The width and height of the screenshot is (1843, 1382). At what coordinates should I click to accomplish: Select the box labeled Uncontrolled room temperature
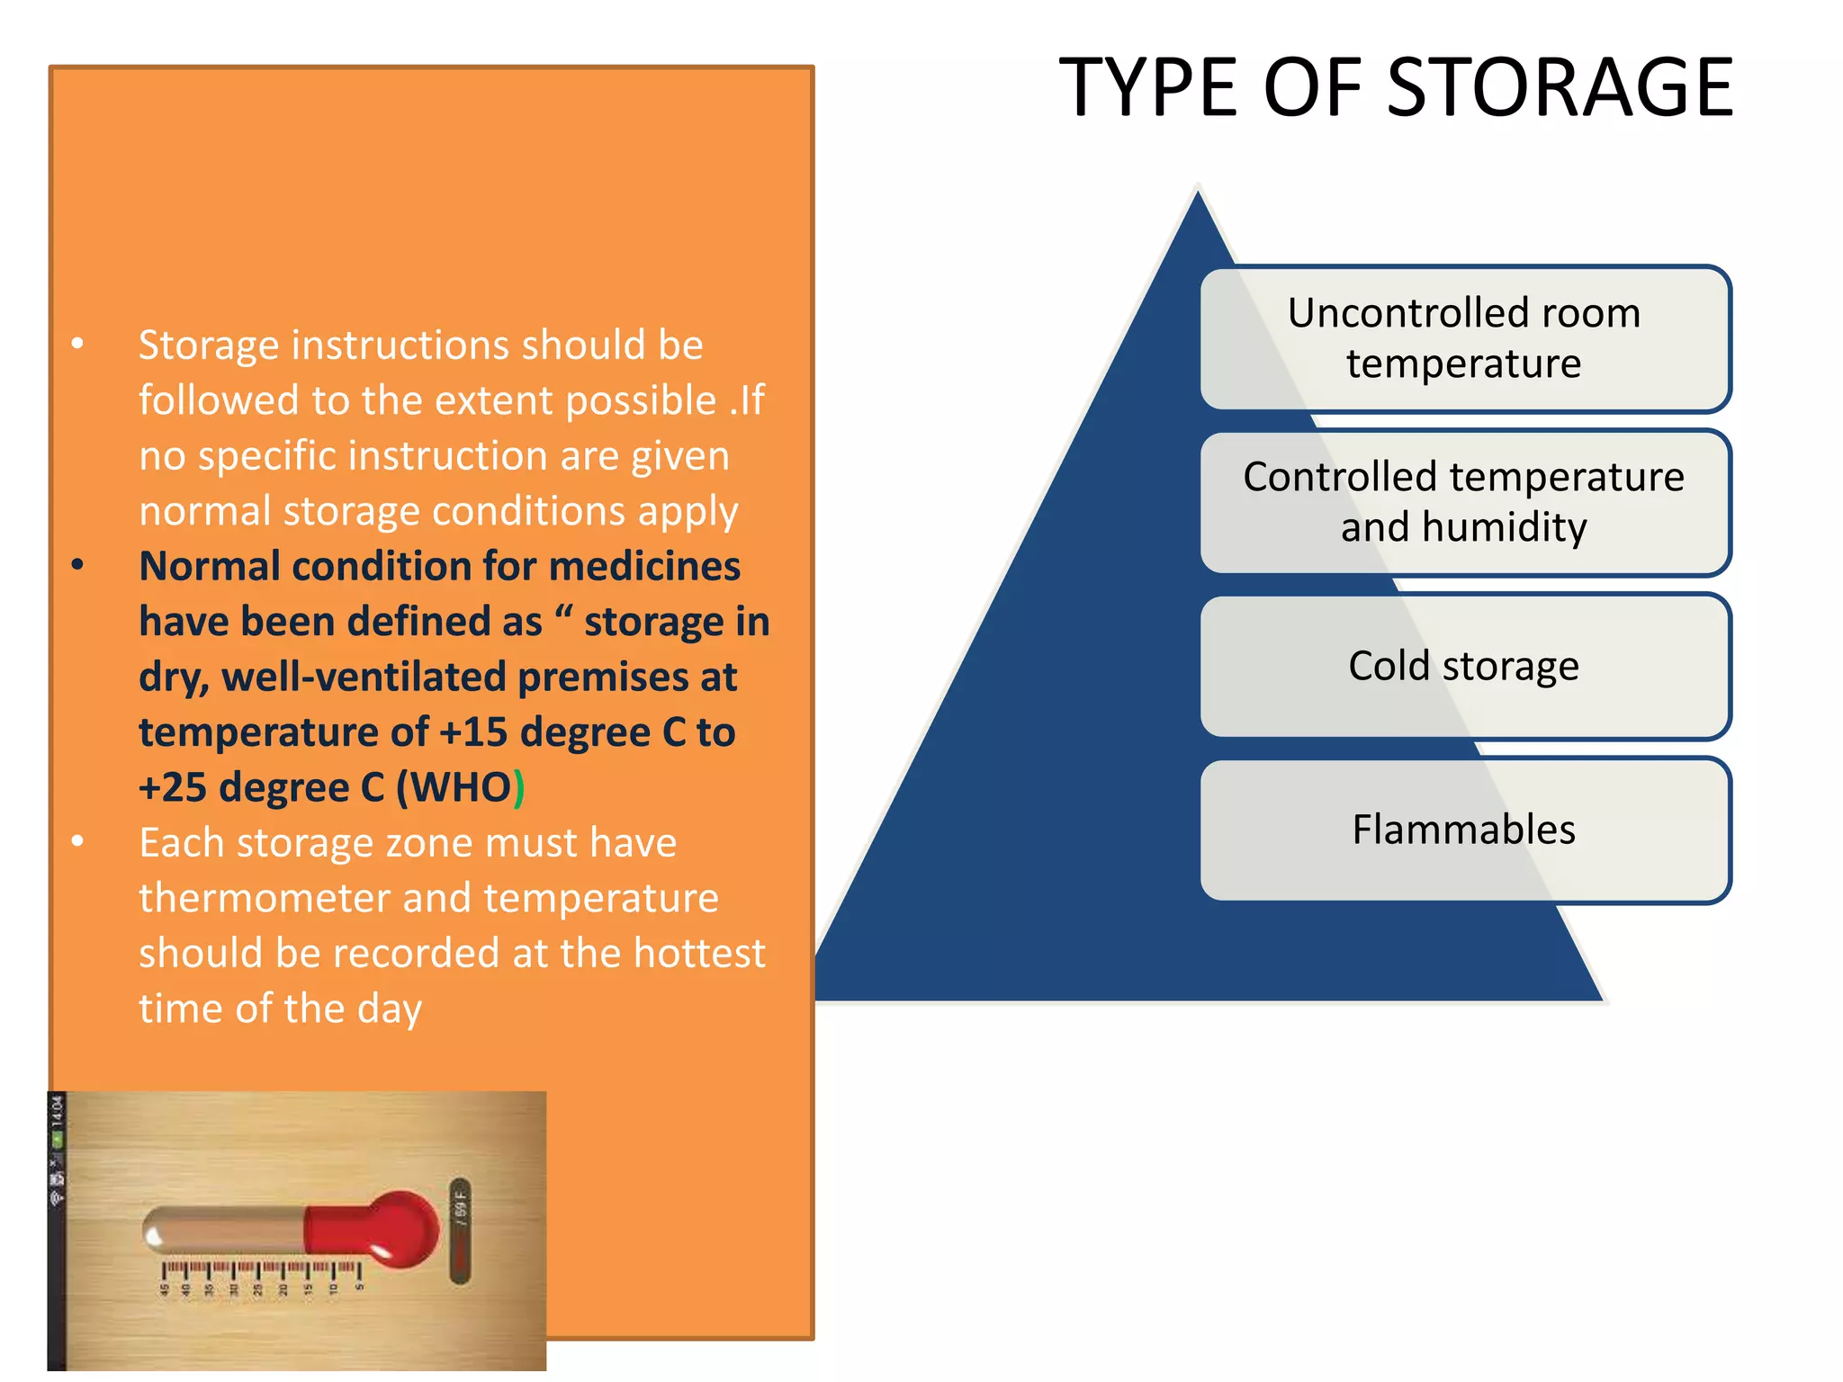(x=1464, y=338)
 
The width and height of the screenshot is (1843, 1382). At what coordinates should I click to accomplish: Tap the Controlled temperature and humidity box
(x=1464, y=502)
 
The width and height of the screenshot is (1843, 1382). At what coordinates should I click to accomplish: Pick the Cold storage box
(x=1464, y=666)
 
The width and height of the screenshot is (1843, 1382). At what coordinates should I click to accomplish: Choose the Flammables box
(x=1464, y=830)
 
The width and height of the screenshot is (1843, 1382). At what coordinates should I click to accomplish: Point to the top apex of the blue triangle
(x=1198, y=193)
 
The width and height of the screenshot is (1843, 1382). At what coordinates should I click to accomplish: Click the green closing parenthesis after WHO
(x=519, y=787)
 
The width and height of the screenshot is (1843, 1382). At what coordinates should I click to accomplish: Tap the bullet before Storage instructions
(x=78, y=344)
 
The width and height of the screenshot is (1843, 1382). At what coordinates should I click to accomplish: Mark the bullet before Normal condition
(x=78, y=565)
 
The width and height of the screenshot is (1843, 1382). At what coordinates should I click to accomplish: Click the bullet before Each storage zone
(x=78, y=841)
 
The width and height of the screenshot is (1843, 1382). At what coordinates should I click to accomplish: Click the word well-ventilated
(x=364, y=677)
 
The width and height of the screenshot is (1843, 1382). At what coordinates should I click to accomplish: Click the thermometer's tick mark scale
(x=262, y=1270)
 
